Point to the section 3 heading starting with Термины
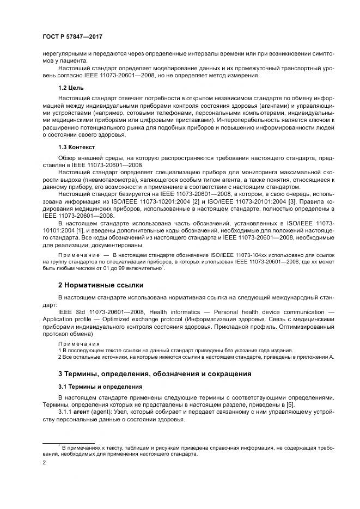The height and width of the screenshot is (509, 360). tap(155, 373)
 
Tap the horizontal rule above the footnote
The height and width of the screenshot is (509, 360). tap(69, 443)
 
